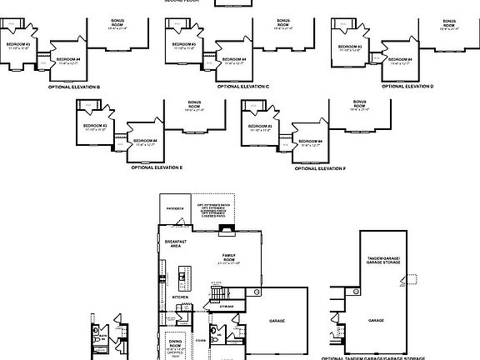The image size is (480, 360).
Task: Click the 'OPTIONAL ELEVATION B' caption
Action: pyautogui.click(x=74, y=87)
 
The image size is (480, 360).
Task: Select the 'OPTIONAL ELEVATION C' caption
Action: pyautogui.click(x=242, y=87)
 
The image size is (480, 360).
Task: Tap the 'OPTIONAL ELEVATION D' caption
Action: pyautogui.click(x=408, y=87)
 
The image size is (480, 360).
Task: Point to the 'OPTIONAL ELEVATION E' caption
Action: pyautogui.click(x=157, y=167)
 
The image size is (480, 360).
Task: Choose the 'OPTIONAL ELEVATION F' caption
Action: pyautogui.click(x=320, y=167)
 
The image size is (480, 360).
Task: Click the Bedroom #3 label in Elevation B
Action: pyautogui.click(x=18, y=44)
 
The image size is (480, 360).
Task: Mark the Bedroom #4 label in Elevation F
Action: pyautogui.click(x=312, y=142)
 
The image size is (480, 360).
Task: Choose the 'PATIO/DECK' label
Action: pyautogui.click(x=174, y=208)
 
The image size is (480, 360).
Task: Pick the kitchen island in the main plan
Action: pyautogui.click(x=182, y=277)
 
